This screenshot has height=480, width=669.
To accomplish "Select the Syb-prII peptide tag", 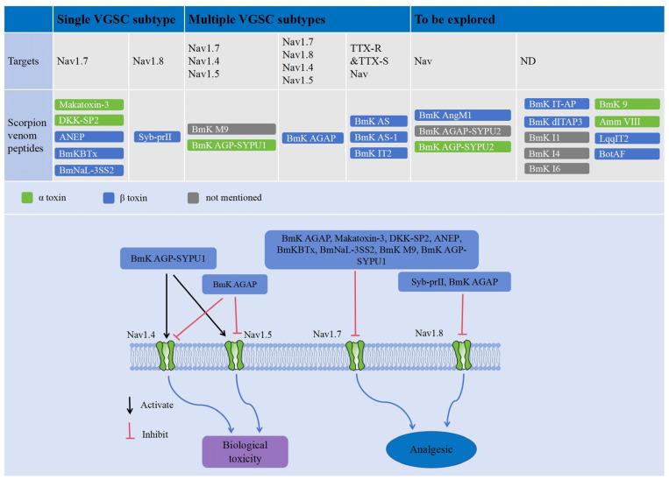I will pyautogui.click(x=157, y=137).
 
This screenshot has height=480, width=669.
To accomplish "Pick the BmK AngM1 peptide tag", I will pyautogui.click(x=463, y=115).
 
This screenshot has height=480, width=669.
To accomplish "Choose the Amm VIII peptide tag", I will pyautogui.click(x=626, y=120).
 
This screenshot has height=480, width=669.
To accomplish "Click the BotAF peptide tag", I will pyautogui.click(x=626, y=153).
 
